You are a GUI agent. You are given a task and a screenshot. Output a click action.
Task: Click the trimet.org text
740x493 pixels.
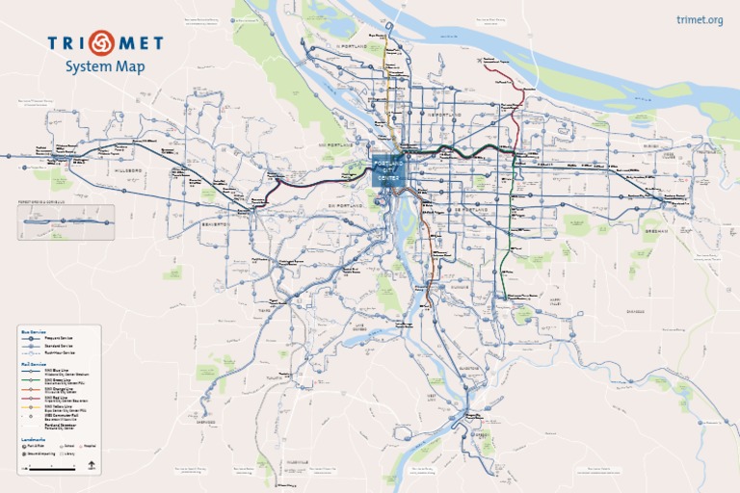coord(700,20)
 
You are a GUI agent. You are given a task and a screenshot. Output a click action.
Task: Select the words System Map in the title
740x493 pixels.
coord(105,66)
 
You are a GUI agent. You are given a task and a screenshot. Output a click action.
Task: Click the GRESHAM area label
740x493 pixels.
coord(655,231)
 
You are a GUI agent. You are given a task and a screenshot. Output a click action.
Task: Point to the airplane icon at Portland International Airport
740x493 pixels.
coord(479,61)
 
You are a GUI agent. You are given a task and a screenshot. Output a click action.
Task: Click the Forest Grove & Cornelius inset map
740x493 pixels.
coord(66,221)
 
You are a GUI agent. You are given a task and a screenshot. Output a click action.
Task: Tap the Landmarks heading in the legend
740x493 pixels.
coord(33,439)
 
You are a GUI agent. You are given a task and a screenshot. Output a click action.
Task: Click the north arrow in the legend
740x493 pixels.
coord(92,466)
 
